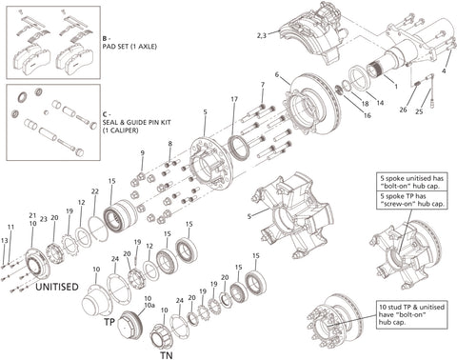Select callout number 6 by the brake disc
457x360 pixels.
click(277, 74)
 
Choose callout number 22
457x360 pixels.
click(95, 192)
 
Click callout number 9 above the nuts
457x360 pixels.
click(141, 152)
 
